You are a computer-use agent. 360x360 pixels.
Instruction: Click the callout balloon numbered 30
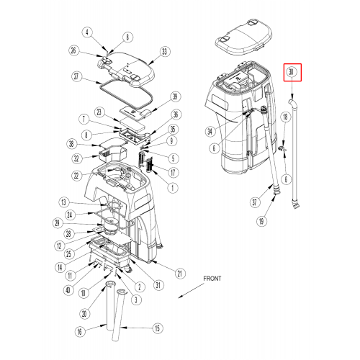pyautogui.click(x=291, y=72)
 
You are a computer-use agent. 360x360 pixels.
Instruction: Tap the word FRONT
pyautogui.click(x=212, y=279)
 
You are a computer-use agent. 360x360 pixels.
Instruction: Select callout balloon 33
pyautogui.click(x=164, y=52)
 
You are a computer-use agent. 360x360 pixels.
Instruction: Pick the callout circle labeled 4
pyautogui.click(x=87, y=32)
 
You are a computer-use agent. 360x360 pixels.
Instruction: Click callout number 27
pyautogui.click(x=76, y=77)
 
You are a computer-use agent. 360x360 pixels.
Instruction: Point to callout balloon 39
pyautogui.click(x=175, y=96)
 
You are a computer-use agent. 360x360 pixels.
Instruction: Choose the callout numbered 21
pyautogui.click(x=180, y=274)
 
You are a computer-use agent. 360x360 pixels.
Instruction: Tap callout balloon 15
pyautogui.click(x=158, y=328)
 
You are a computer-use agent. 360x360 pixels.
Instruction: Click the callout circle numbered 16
pyautogui.click(x=79, y=332)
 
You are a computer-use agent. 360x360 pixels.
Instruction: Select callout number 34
pyautogui.click(x=210, y=132)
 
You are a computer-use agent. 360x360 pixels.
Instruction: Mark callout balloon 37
pyautogui.click(x=255, y=202)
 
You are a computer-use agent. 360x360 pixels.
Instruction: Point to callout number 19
pyautogui.click(x=261, y=221)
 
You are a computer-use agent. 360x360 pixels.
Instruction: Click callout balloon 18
pyautogui.click(x=285, y=117)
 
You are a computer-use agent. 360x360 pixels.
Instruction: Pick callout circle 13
pyautogui.click(x=63, y=202)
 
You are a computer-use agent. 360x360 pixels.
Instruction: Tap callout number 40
pyautogui.click(x=68, y=290)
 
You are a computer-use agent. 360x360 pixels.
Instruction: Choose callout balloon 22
pyautogui.click(x=76, y=176)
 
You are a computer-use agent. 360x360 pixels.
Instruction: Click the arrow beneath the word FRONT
pyautogui.click(x=191, y=291)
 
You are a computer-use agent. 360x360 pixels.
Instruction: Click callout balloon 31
pyautogui.click(x=158, y=285)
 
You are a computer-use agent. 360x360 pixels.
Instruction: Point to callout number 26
pyautogui.click(x=73, y=50)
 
